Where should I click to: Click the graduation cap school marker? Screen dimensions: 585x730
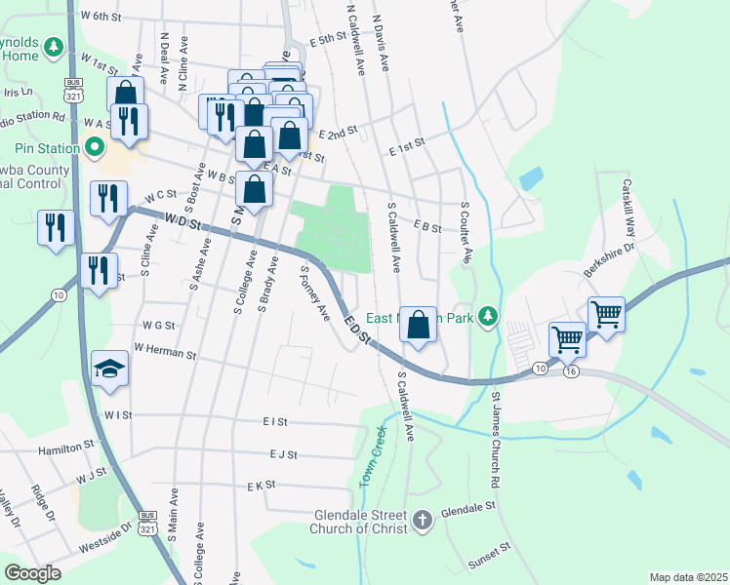pos(109,368)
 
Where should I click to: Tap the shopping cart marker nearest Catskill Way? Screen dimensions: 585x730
pos(607,315)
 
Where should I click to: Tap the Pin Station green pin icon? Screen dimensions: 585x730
pos(95,149)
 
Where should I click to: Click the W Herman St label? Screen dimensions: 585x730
pos(165,346)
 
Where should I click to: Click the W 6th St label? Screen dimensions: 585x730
pos(101,17)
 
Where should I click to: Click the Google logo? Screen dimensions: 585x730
pos(33,573)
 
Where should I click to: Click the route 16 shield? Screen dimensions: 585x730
pos(571,371)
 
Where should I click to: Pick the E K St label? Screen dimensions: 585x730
pos(262,485)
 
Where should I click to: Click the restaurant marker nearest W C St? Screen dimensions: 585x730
pos(108,198)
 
